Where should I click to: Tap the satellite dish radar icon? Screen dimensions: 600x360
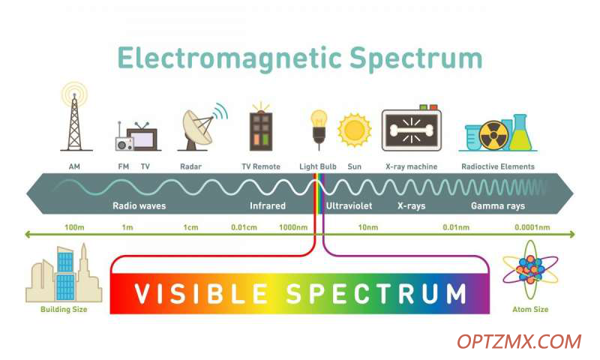(x=202, y=127)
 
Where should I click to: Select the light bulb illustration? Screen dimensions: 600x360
(x=319, y=129)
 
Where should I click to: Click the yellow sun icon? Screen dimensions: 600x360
(x=354, y=130)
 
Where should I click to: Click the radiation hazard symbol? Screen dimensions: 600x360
(x=493, y=136)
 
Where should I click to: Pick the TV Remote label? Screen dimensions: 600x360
(x=261, y=166)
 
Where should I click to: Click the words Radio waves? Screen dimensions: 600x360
(x=139, y=205)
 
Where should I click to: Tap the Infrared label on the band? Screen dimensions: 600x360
(x=268, y=205)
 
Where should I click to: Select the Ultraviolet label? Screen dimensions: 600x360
(x=349, y=205)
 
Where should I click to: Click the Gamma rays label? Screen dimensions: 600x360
(x=498, y=205)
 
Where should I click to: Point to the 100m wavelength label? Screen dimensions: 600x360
(x=74, y=227)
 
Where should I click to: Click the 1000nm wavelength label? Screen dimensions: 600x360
(x=293, y=227)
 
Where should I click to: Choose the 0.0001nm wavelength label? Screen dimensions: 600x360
(x=532, y=227)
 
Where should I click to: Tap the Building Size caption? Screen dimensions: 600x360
(x=64, y=309)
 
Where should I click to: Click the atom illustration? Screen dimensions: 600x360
(x=530, y=269)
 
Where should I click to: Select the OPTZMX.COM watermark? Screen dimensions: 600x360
(x=519, y=342)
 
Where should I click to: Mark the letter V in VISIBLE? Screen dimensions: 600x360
(x=143, y=294)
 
